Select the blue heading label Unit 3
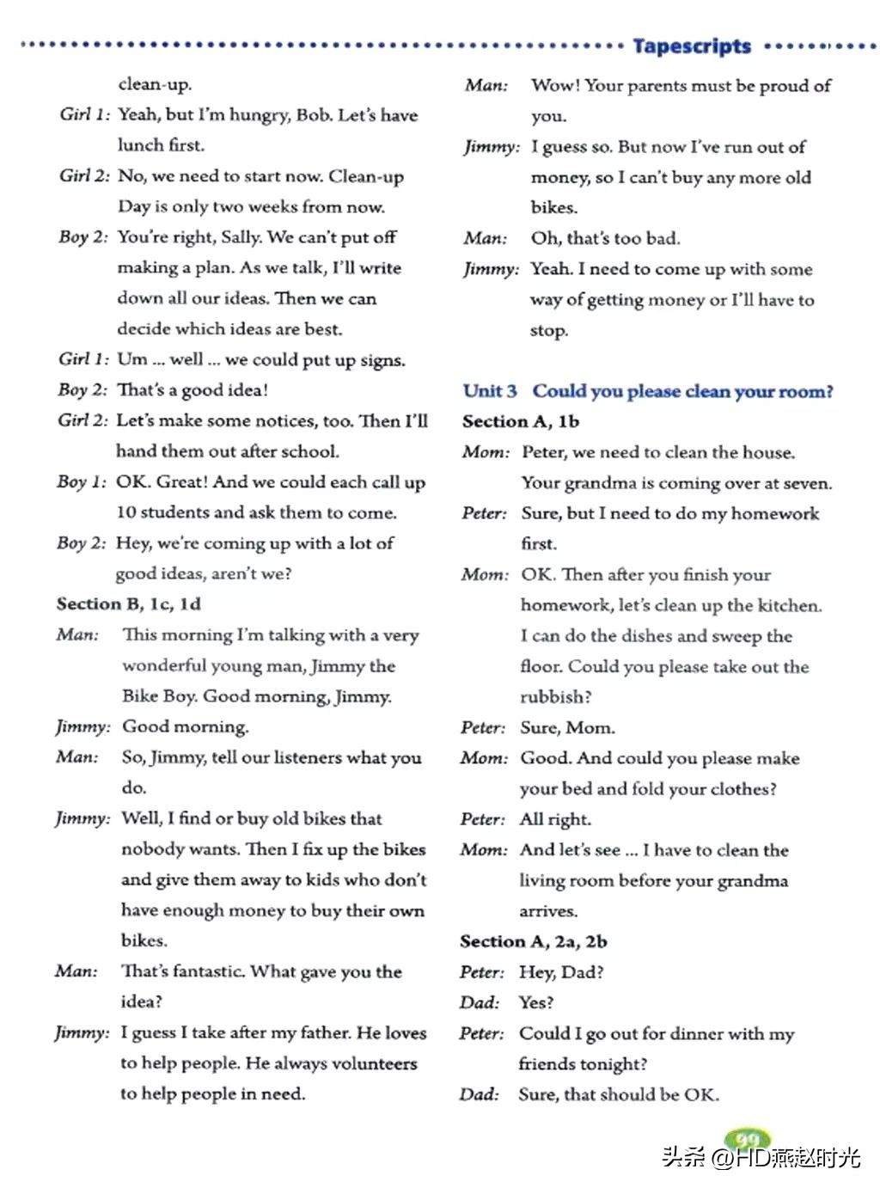[x=490, y=391]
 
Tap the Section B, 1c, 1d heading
[x=129, y=603]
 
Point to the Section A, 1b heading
[x=521, y=421]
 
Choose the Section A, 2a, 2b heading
[x=534, y=941]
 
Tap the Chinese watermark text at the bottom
[x=761, y=1157]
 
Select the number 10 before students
[x=126, y=512]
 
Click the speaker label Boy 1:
[x=82, y=482]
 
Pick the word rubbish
[x=555, y=697]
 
